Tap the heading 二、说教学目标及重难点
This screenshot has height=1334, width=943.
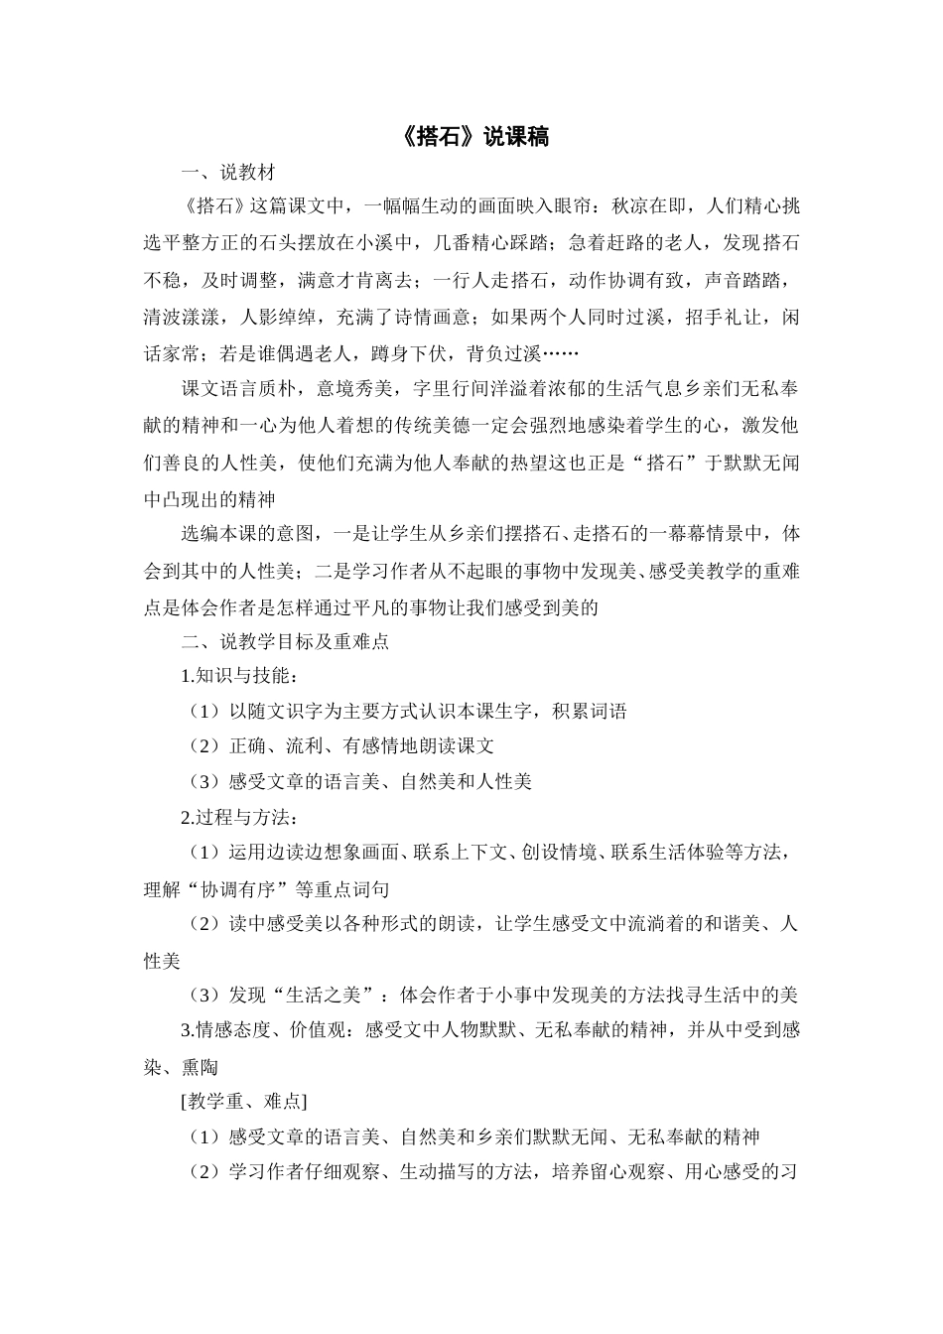pos(285,641)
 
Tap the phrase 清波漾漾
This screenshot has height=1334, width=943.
pos(182,317)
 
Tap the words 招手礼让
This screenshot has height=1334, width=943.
pos(712,317)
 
